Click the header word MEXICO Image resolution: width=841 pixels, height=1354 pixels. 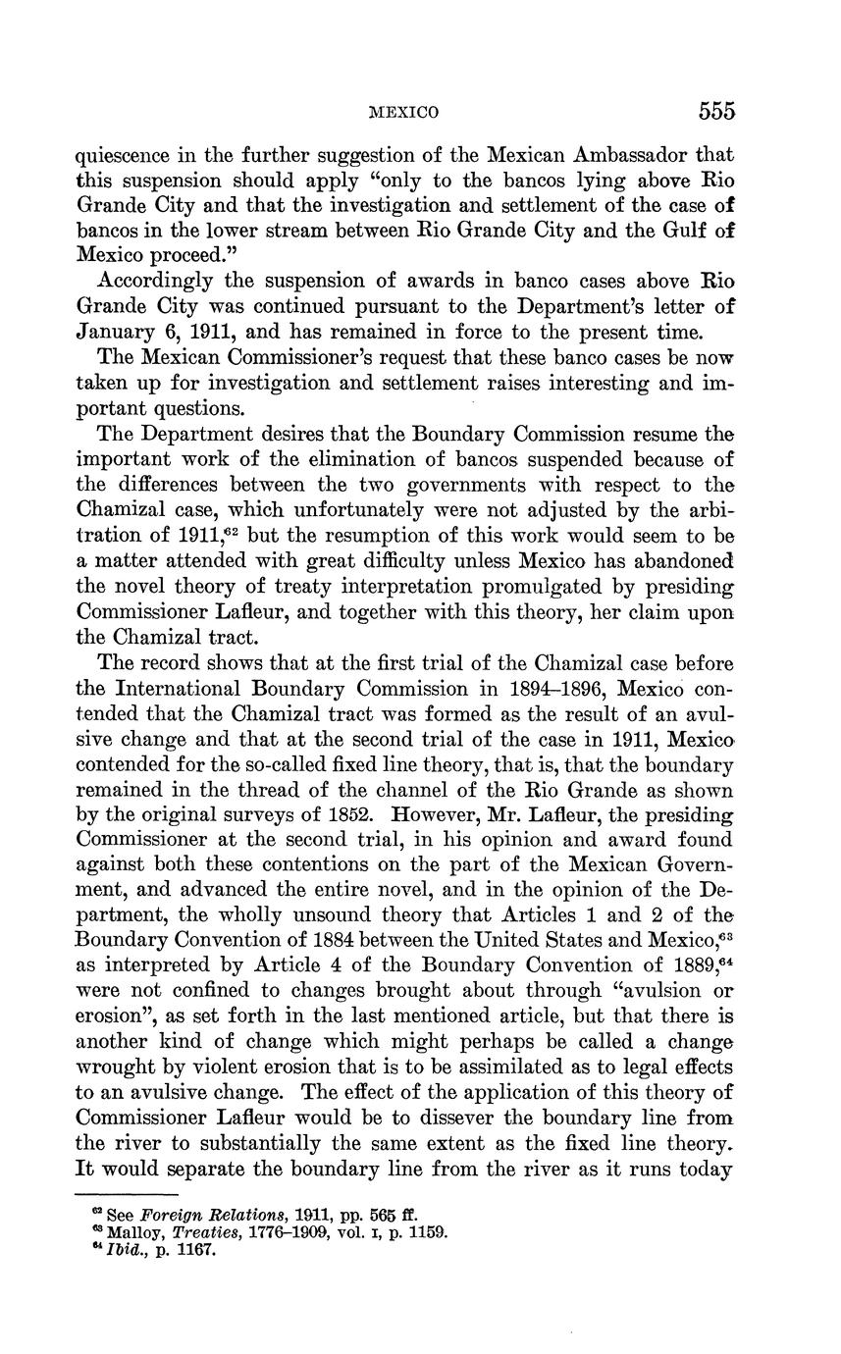[403, 113]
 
